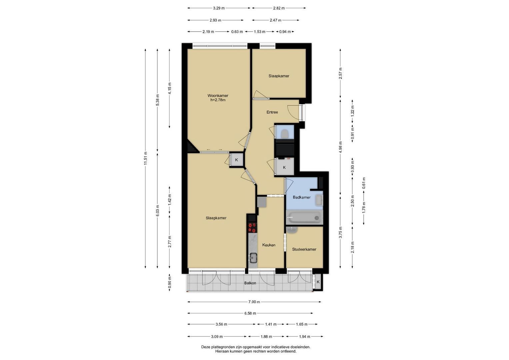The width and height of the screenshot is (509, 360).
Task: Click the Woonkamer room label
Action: pyautogui.click(x=218, y=96)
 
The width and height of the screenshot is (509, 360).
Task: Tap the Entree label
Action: pyautogui.click(x=272, y=112)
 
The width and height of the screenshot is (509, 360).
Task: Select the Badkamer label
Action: pyautogui.click(x=302, y=197)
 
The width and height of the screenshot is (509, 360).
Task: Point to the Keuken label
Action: pyautogui.click(x=269, y=245)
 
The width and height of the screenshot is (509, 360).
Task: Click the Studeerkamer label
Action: pyautogui.click(x=304, y=249)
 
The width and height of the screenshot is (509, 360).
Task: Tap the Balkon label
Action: pyautogui.click(x=250, y=283)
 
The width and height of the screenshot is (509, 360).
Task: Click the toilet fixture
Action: pyautogui.click(x=284, y=134)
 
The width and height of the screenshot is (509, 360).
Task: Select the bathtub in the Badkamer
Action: pyautogui.click(x=304, y=218)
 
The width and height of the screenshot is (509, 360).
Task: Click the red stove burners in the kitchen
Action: pyautogui.click(x=252, y=228)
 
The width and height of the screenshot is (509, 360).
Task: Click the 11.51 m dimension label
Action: pyautogui.click(x=145, y=158)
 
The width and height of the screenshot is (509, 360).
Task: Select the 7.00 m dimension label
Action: pyautogui.click(x=254, y=302)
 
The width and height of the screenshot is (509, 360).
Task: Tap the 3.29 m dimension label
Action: pyautogui.click(x=219, y=8)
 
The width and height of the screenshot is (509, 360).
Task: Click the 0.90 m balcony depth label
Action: pyautogui.click(x=170, y=283)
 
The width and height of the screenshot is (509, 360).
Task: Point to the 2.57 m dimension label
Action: pyautogui.click(x=340, y=73)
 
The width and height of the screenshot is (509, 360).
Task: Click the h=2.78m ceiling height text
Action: pyautogui.click(x=218, y=100)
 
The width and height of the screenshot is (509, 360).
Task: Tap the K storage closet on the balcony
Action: pyautogui.click(x=318, y=282)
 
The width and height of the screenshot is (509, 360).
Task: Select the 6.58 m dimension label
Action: pyautogui.click(x=250, y=313)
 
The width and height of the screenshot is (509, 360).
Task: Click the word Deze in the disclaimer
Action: pyautogui.click(x=206, y=347)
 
